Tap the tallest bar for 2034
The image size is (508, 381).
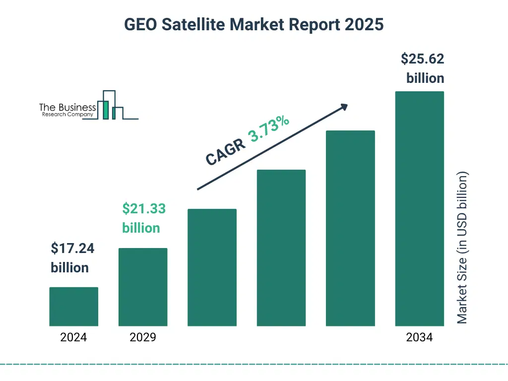coord(419,208)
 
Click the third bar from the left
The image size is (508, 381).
coord(212,267)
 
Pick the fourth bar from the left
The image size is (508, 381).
coord(281,248)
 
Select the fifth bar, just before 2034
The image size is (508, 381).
coord(350,228)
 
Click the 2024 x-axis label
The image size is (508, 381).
coord(73,338)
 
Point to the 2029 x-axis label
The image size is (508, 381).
coord(142,338)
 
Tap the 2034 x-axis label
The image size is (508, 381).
coord(419,338)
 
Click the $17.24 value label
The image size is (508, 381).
coord(72,249)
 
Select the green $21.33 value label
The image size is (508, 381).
coord(144,209)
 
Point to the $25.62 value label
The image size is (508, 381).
coord(422,60)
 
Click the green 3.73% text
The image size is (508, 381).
coord(269,128)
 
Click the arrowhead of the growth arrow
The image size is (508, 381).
coord(343,107)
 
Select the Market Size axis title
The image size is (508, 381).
coord(462,248)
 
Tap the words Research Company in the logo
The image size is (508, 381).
coord(67,115)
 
